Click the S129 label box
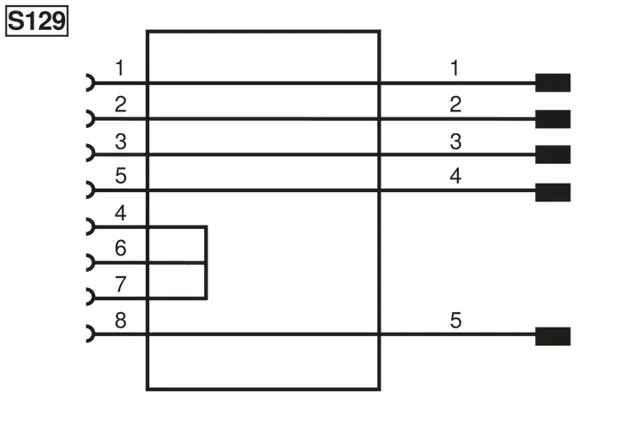pyautogui.click(x=37, y=21)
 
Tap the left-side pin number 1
pyautogui.click(x=120, y=68)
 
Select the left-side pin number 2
pyautogui.click(x=121, y=105)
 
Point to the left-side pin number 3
pyautogui.click(x=121, y=141)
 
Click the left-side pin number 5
pyautogui.click(x=121, y=176)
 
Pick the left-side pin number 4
pyautogui.click(x=121, y=213)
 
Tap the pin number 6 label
pyautogui.click(x=121, y=248)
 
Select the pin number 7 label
pyautogui.click(x=121, y=284)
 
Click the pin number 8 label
pyautogui.click(x=121, y=321)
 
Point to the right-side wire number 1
pyautogui.click(x=454, y=68)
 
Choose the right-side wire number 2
pyautogui.click(x=455, y=105)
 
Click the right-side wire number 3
pyautogui.click(x=455, y=141)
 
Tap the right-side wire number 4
pyautogui.click(x=455, y=176)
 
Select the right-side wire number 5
pyautogui.click(x=455, y=321)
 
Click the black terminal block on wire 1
pyautogui.click(x=552, y=82)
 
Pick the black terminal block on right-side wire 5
pyautogui.click(x=552, y=336)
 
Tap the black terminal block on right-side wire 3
pyautogui.click(x=552, y=154)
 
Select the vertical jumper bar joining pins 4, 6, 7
pyautogui.click(x=206, y=262)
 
